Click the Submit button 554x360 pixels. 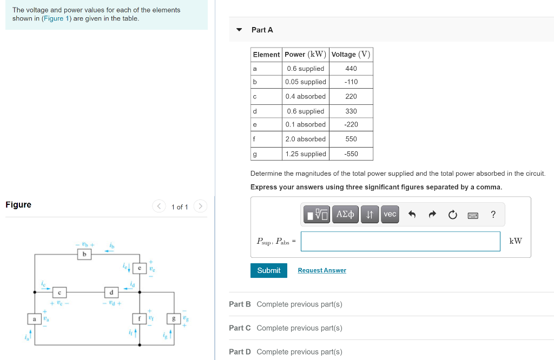tap(268, 270)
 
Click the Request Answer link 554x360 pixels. tap(322, 270)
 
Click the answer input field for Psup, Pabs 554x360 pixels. tap(400, 241)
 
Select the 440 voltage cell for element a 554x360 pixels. tap(351, 69)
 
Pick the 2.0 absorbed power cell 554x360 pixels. tap(306, 139)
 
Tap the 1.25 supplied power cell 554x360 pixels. tap(306, 154)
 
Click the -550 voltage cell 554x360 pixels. tap(351, 154)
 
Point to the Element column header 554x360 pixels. tap(266, 55)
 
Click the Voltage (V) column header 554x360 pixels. tap(351, 55)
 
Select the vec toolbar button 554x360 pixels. tap(390, 215)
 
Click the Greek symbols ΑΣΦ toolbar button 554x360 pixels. tap(345, 215)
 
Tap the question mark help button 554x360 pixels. tap(493, 215)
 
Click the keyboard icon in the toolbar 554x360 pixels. tap(473, 215)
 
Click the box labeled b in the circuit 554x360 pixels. tap(84, 254)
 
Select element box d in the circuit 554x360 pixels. tap(111, 292)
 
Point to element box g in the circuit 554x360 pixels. tap(174, 319)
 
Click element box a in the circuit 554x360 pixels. tap(35, 319)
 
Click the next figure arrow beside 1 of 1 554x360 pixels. tap(200, 206)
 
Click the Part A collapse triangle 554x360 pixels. tap(239, 30)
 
